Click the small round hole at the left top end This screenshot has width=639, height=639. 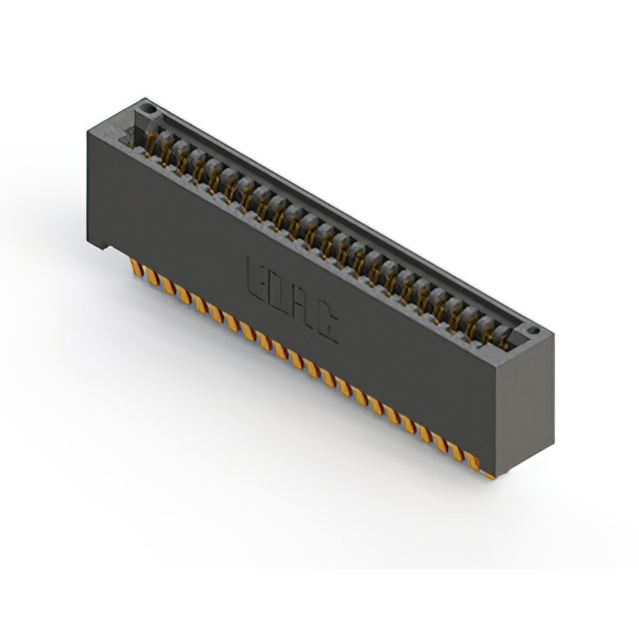tap(148, 107)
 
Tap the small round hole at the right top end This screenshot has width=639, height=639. tap(533, 330)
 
